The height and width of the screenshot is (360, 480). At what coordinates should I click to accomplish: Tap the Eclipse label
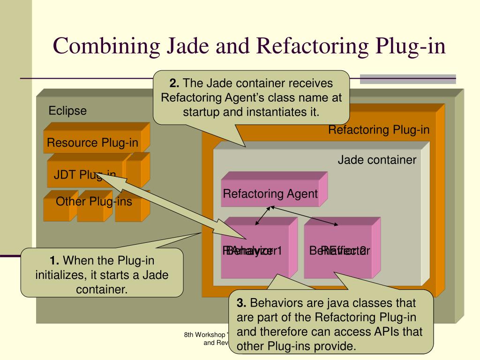68,111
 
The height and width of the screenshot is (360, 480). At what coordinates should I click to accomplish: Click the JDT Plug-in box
85,175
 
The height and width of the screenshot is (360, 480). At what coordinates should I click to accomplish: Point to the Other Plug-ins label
94,202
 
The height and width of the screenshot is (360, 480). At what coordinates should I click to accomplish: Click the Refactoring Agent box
270,194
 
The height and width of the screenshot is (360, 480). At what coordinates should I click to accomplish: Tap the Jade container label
377,160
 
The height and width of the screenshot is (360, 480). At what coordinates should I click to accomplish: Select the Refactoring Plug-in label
379,130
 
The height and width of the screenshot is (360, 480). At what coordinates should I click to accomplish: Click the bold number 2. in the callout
174,83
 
